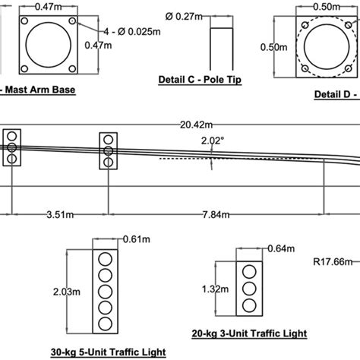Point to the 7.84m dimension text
pyautogui.click(x=214, y=215)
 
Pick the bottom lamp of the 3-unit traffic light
pyautogui.click(x=248, y=305)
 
